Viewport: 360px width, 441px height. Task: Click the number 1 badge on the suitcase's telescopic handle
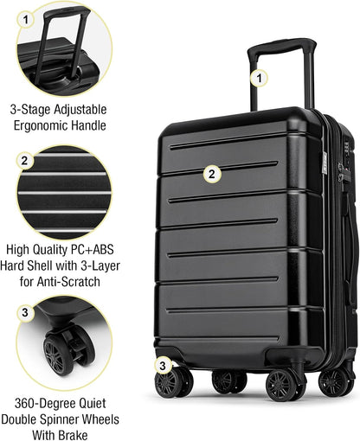[257, 78]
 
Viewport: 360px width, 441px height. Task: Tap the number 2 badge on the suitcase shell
[210, 173]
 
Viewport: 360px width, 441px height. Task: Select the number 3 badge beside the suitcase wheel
[162, 365]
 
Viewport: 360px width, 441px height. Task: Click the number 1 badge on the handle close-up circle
[25, 17]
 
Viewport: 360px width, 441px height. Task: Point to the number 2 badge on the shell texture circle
[25, 160]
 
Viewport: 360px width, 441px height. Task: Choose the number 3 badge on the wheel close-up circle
[25, 312]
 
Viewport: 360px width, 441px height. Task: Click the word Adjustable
[96, 110]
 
